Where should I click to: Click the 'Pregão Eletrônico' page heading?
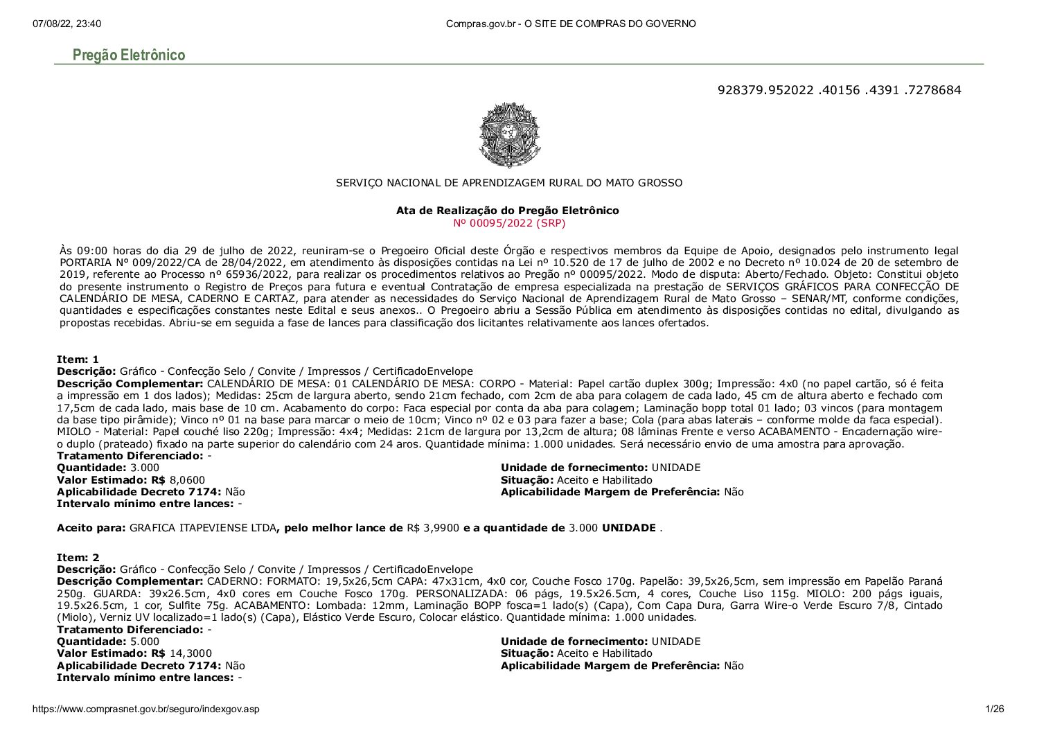coord(129,55)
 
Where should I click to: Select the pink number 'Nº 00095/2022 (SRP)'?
coord(508,222)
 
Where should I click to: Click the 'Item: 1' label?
coord(78,359)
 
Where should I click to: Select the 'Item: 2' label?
coord(78,557)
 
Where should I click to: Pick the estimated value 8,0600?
coord(187,480)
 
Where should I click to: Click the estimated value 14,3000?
coord(190,653)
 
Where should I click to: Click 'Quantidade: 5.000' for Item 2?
coord(108,642)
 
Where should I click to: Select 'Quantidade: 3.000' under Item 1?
coord(108,468)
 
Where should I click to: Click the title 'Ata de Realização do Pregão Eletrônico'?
coord(508,210)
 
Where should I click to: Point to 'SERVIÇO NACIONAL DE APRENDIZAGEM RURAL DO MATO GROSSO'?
coord(508,183)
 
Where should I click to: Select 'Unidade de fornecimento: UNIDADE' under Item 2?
coord(601,642)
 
